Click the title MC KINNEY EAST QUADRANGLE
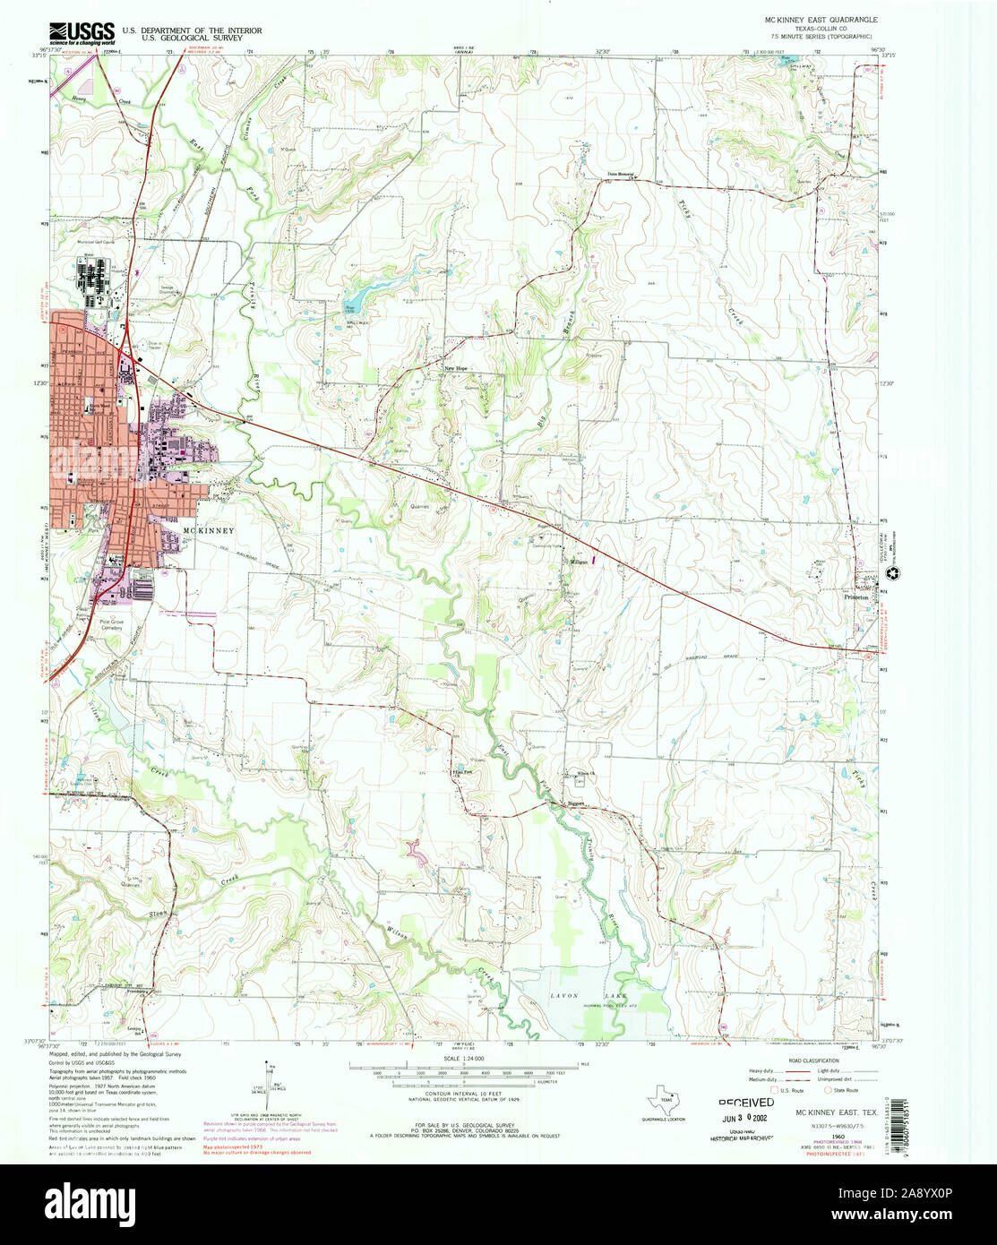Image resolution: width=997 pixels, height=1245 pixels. [x=821, y=19]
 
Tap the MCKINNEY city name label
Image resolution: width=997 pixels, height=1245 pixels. [x=209, y=531]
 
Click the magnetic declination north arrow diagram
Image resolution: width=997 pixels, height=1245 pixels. [x=268, y=1080]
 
